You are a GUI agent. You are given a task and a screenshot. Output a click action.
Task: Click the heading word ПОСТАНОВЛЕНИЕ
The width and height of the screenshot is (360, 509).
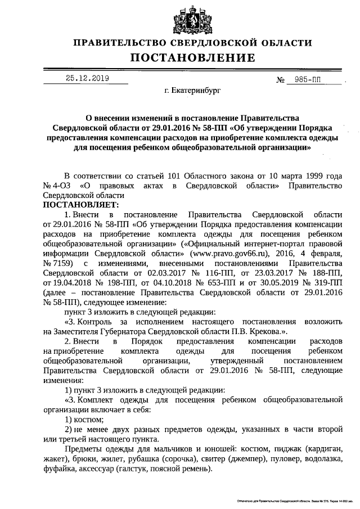pyautogui.click(x=193, y=57)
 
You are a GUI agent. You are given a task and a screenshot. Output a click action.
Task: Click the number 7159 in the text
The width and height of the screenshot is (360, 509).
pyautogui.click(x=66, y=263)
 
